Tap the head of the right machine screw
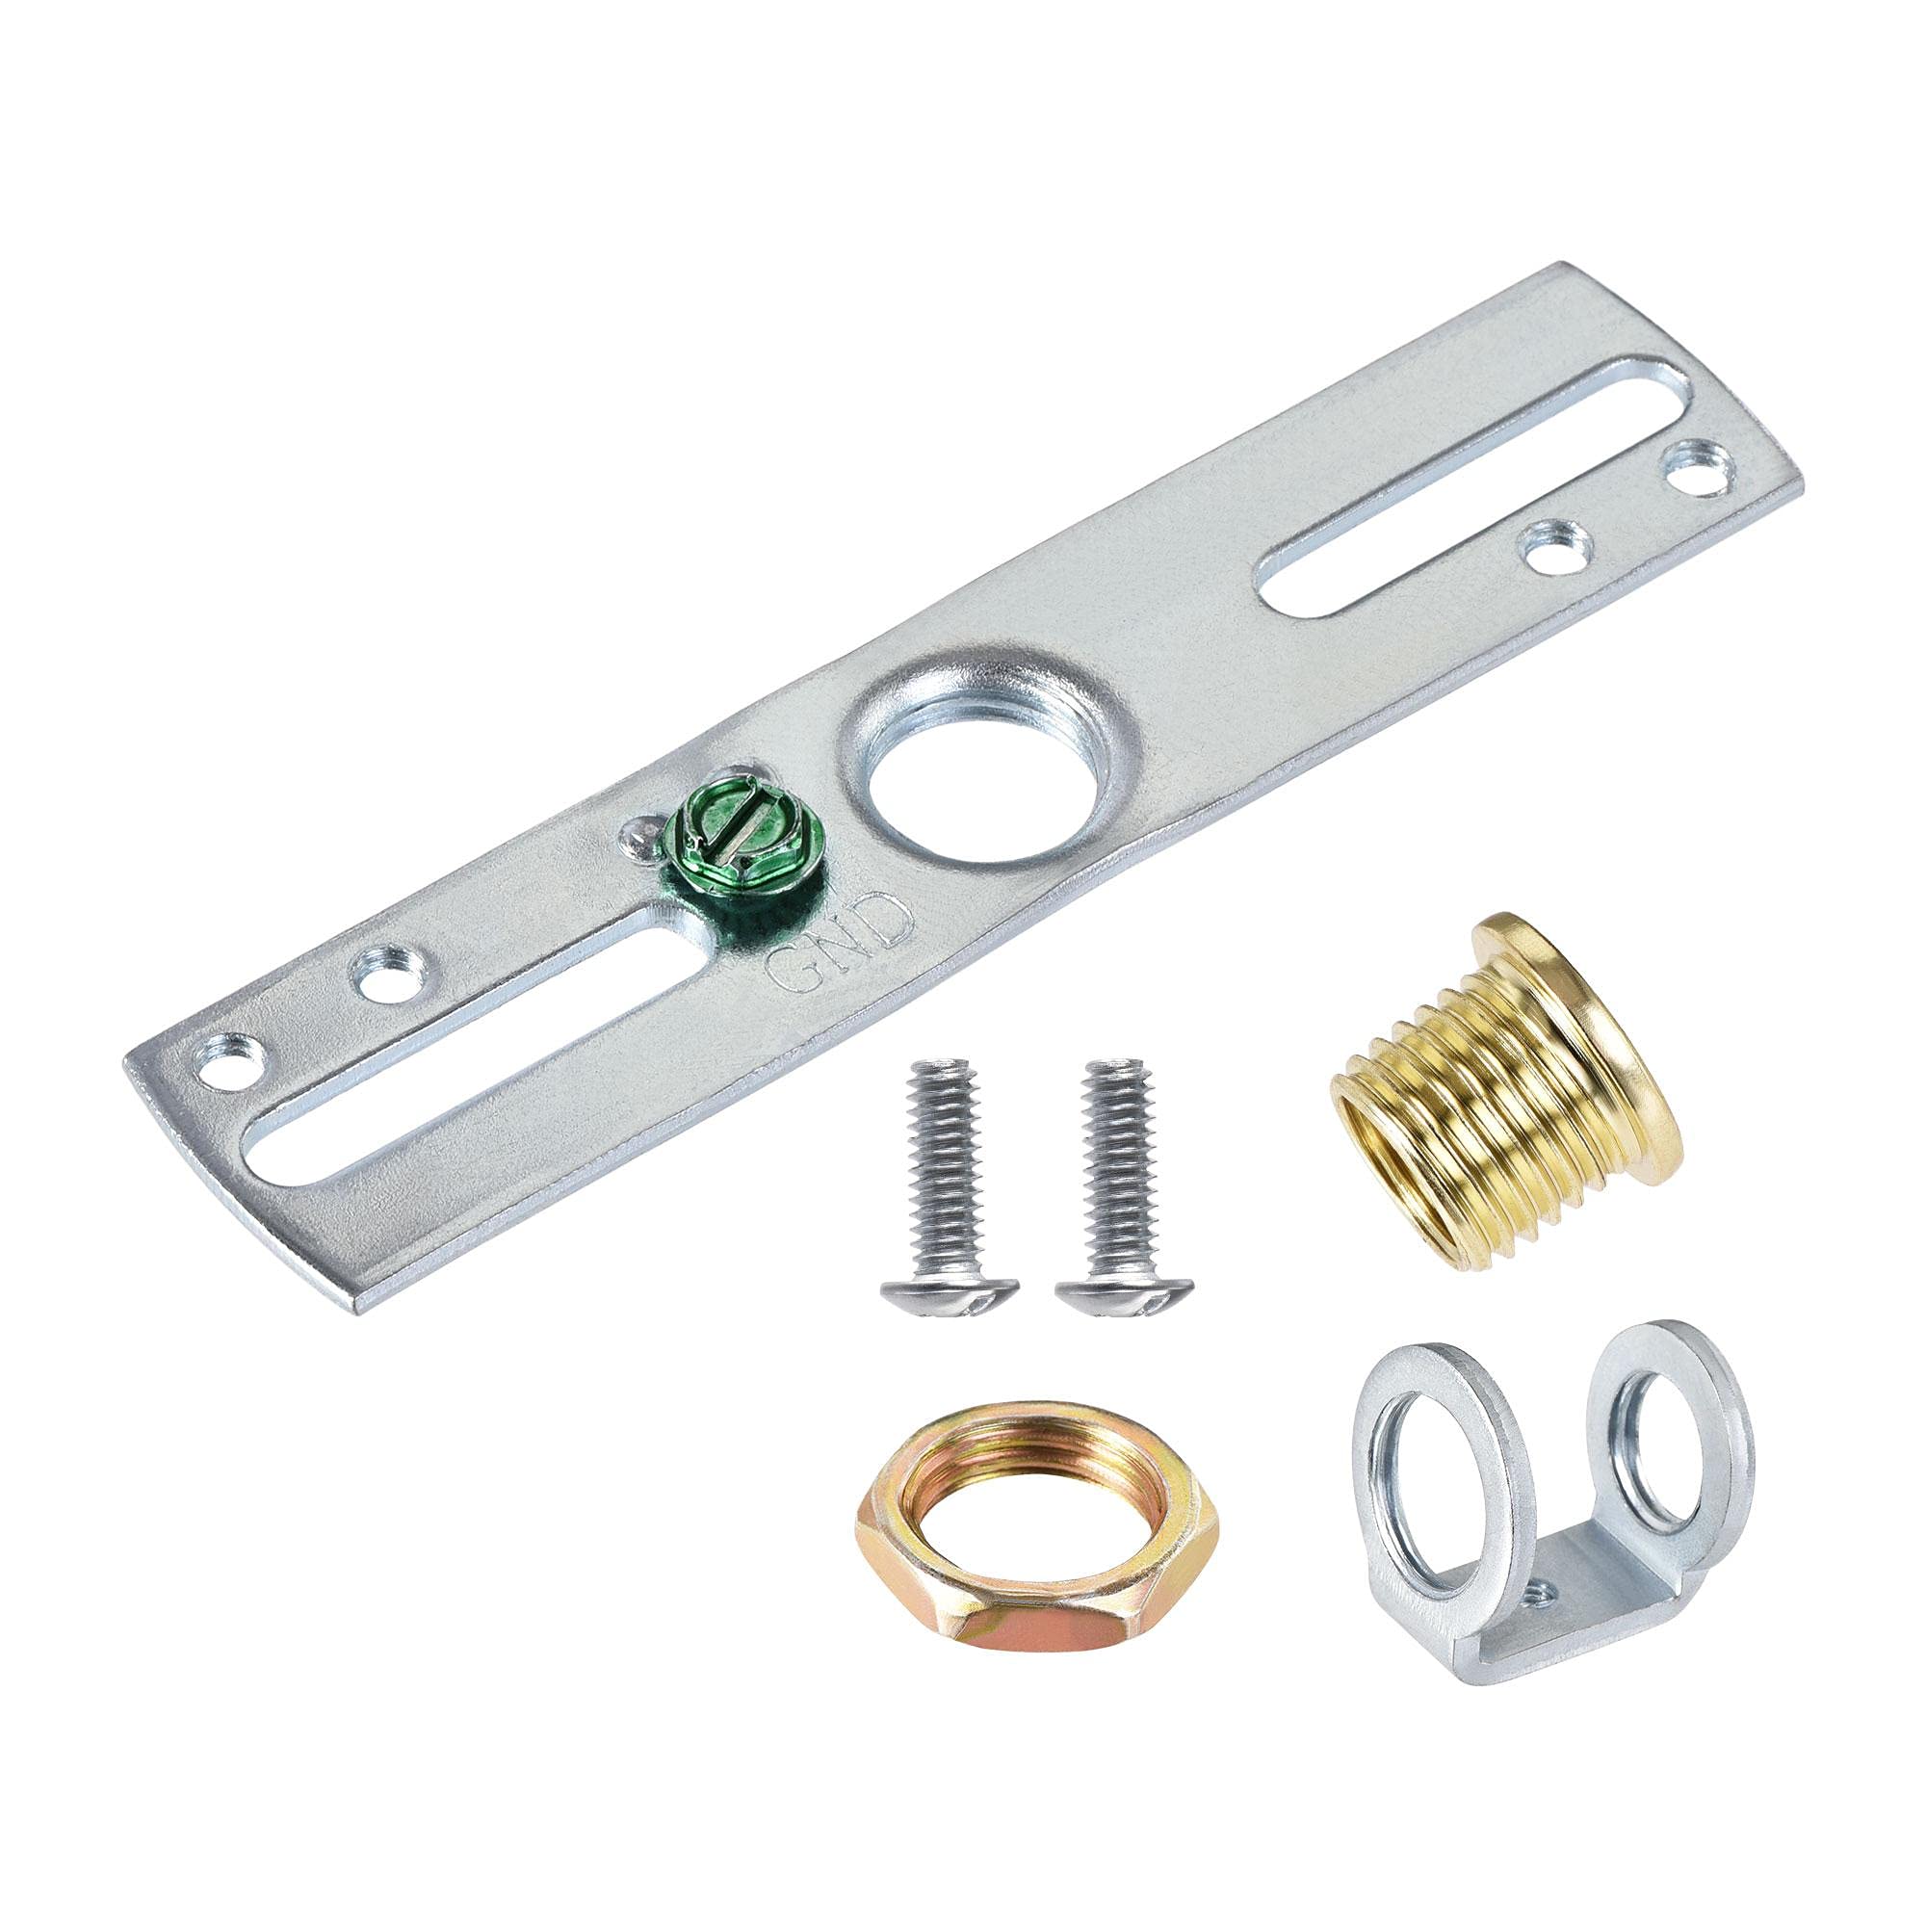(x=1125, y=1295)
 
